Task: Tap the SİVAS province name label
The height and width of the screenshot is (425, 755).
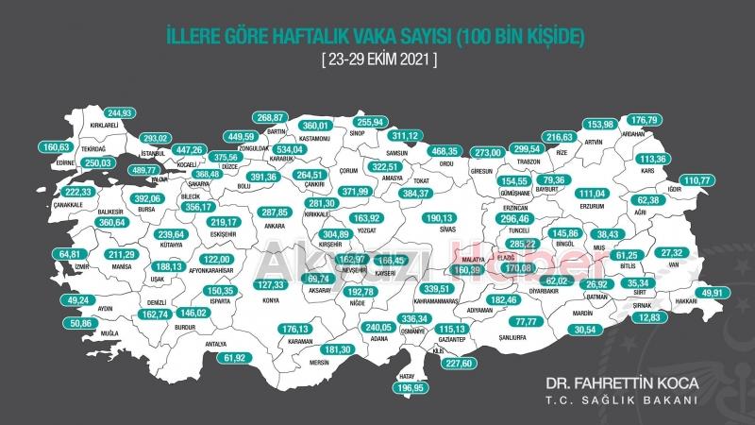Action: pos(437,228)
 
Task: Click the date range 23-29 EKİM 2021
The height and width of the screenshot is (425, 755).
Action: pos(377,59)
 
